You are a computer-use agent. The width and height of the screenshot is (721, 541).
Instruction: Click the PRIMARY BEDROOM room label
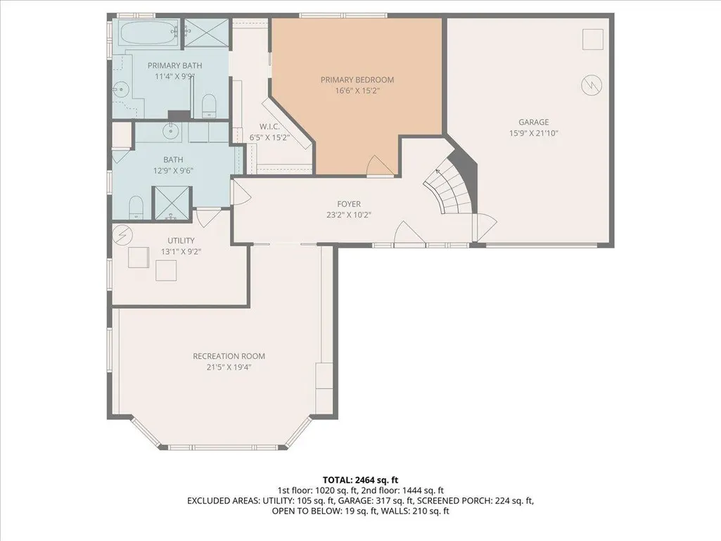click(x=357, y=79)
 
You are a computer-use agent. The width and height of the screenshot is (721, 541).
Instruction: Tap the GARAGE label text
click(x=533, y=122)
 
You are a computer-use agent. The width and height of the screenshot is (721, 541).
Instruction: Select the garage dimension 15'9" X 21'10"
click(x=533, y=134)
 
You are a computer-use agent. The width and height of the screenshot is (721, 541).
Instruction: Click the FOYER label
click(x=349, y=204)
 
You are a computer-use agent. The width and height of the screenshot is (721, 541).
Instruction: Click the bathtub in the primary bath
click(x=149, y=32)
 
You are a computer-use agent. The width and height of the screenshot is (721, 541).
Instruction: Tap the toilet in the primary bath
click(x=209, y=106)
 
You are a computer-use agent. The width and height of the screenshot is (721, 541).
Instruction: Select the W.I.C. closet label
click(x=269, y=127)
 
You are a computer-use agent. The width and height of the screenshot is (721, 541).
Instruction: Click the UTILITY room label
click(x=181, y=241)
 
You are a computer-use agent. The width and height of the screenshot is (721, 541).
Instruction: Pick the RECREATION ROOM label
click(x=229, y=356)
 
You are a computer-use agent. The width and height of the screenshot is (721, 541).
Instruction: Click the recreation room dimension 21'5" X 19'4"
click(x=229, y=367)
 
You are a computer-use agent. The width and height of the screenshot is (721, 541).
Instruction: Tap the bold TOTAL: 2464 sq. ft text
click(x=360, y=480)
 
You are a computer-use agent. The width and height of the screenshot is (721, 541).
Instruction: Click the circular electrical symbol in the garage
click(x=592, y=85)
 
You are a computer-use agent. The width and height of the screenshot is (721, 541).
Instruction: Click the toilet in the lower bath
click(x=136, y=208)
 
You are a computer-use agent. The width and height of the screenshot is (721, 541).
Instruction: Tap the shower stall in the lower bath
click(x=171, y=203)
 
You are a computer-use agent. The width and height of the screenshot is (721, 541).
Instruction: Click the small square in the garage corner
click(x=593, y=39)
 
